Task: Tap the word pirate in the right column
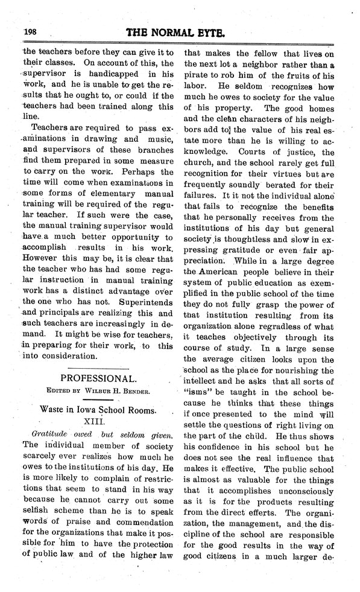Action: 198,74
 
